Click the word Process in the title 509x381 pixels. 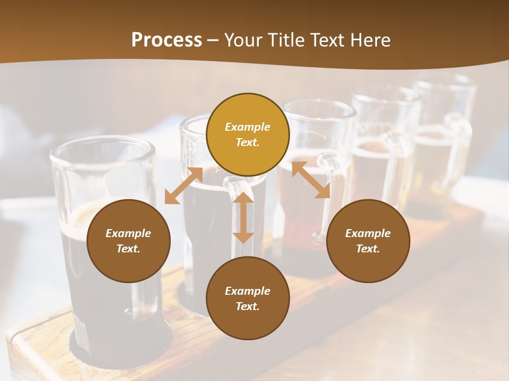(166, 40)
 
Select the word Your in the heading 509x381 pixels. (243, 40)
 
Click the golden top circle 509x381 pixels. (248, 134)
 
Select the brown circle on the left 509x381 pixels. (128, 241)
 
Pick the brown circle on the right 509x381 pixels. (368, 241)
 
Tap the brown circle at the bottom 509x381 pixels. (248, 298)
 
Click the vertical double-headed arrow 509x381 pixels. (243, 218)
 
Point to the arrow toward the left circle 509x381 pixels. (183, 186)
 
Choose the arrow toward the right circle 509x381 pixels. (311, 180)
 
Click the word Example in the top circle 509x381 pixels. (248, 127)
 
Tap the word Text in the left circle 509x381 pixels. (128, 249)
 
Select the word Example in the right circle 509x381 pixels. (368, 233)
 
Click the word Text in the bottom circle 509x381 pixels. (248, 306)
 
